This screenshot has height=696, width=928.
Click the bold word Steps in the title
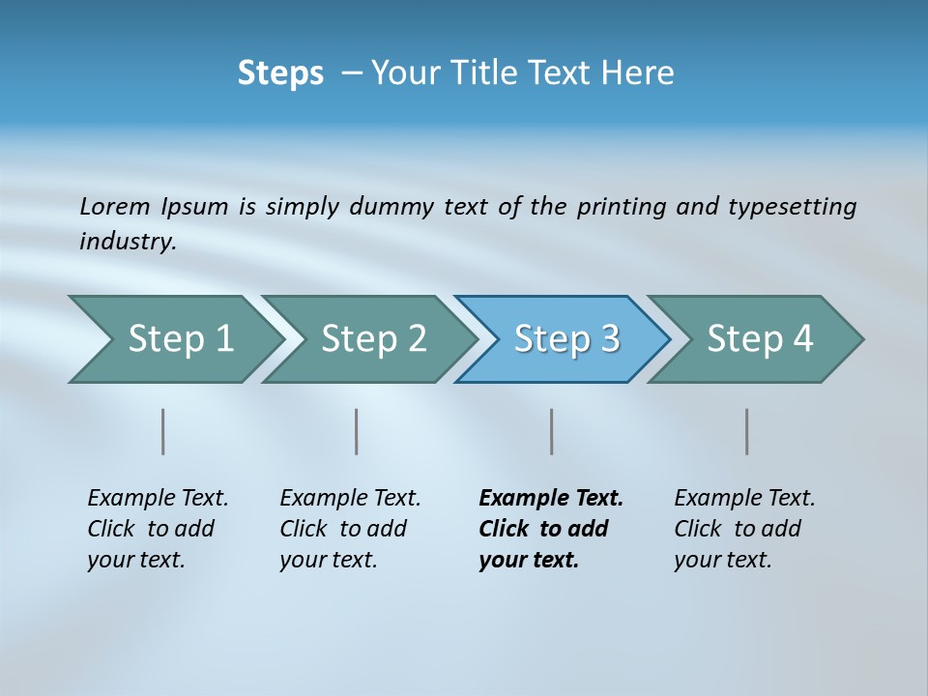280,73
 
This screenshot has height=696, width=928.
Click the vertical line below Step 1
162,431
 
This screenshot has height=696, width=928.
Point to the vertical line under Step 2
357,431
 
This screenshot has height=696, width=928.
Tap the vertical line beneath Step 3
551,431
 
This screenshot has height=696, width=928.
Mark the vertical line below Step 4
746,431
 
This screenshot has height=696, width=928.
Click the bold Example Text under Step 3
549,529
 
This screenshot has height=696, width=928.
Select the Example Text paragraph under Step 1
157,529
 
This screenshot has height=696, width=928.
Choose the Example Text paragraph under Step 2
349,529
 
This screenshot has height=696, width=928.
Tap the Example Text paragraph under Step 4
743,529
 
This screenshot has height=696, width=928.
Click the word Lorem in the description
114,206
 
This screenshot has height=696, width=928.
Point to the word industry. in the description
128,242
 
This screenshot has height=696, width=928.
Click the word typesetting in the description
791,206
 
